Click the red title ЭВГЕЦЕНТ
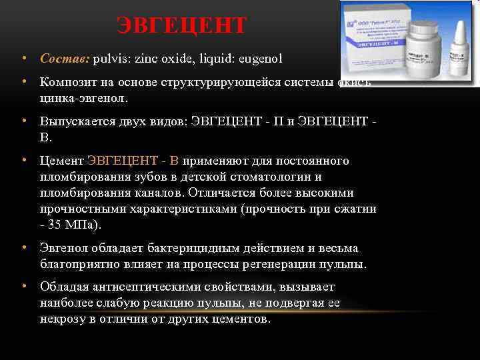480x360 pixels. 181,26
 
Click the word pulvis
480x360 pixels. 110,59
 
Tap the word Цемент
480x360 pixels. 61,161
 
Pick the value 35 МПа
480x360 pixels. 74,225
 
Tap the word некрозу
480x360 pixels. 63,319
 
